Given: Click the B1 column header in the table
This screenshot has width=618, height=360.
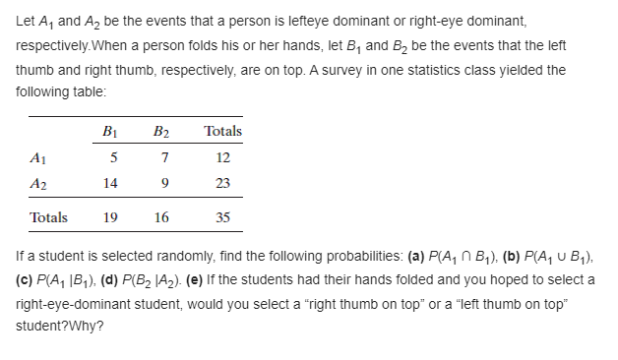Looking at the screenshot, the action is (111, 132).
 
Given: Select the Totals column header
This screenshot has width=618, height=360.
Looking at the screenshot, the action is (222, 132).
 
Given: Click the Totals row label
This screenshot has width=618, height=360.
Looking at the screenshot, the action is (49, 217).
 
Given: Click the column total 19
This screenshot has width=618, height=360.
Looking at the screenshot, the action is (111, 217).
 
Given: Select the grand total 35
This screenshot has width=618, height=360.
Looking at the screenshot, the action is (222, 217).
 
